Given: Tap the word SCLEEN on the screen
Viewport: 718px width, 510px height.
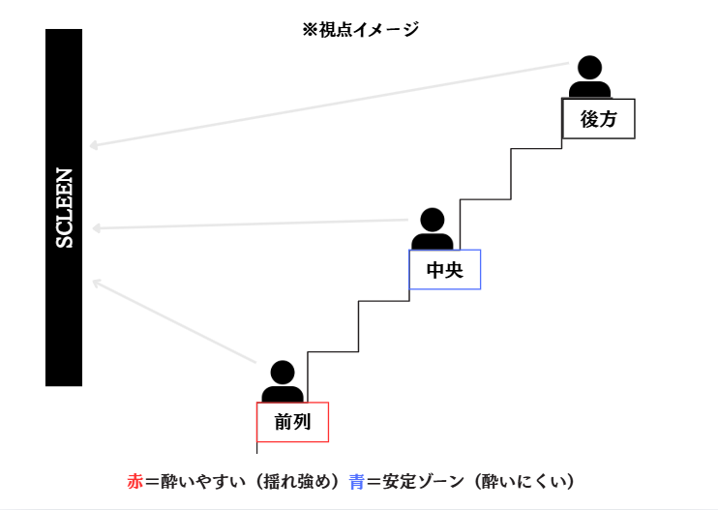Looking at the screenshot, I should [64, 208].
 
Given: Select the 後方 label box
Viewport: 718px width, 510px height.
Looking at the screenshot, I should [598, 119].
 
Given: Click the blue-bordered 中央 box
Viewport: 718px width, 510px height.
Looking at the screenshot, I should [444, 270].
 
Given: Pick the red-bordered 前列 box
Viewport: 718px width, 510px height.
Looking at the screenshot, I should [292, 422].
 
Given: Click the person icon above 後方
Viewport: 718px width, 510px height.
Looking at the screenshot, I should [589, 77].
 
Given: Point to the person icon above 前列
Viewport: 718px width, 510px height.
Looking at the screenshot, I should [283, 381].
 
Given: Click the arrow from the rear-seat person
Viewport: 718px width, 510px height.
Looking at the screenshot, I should [329, 105].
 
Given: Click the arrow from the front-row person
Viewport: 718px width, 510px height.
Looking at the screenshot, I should [174, 321].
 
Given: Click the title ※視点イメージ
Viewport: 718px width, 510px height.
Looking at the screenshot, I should [360, 30].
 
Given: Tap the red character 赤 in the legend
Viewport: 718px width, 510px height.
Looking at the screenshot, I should [135, 481].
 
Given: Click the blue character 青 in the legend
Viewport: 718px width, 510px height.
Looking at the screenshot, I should [357, 481].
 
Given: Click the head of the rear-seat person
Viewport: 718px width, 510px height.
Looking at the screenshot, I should [589, 67].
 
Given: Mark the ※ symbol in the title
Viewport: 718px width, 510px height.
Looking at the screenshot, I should [310, 30].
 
